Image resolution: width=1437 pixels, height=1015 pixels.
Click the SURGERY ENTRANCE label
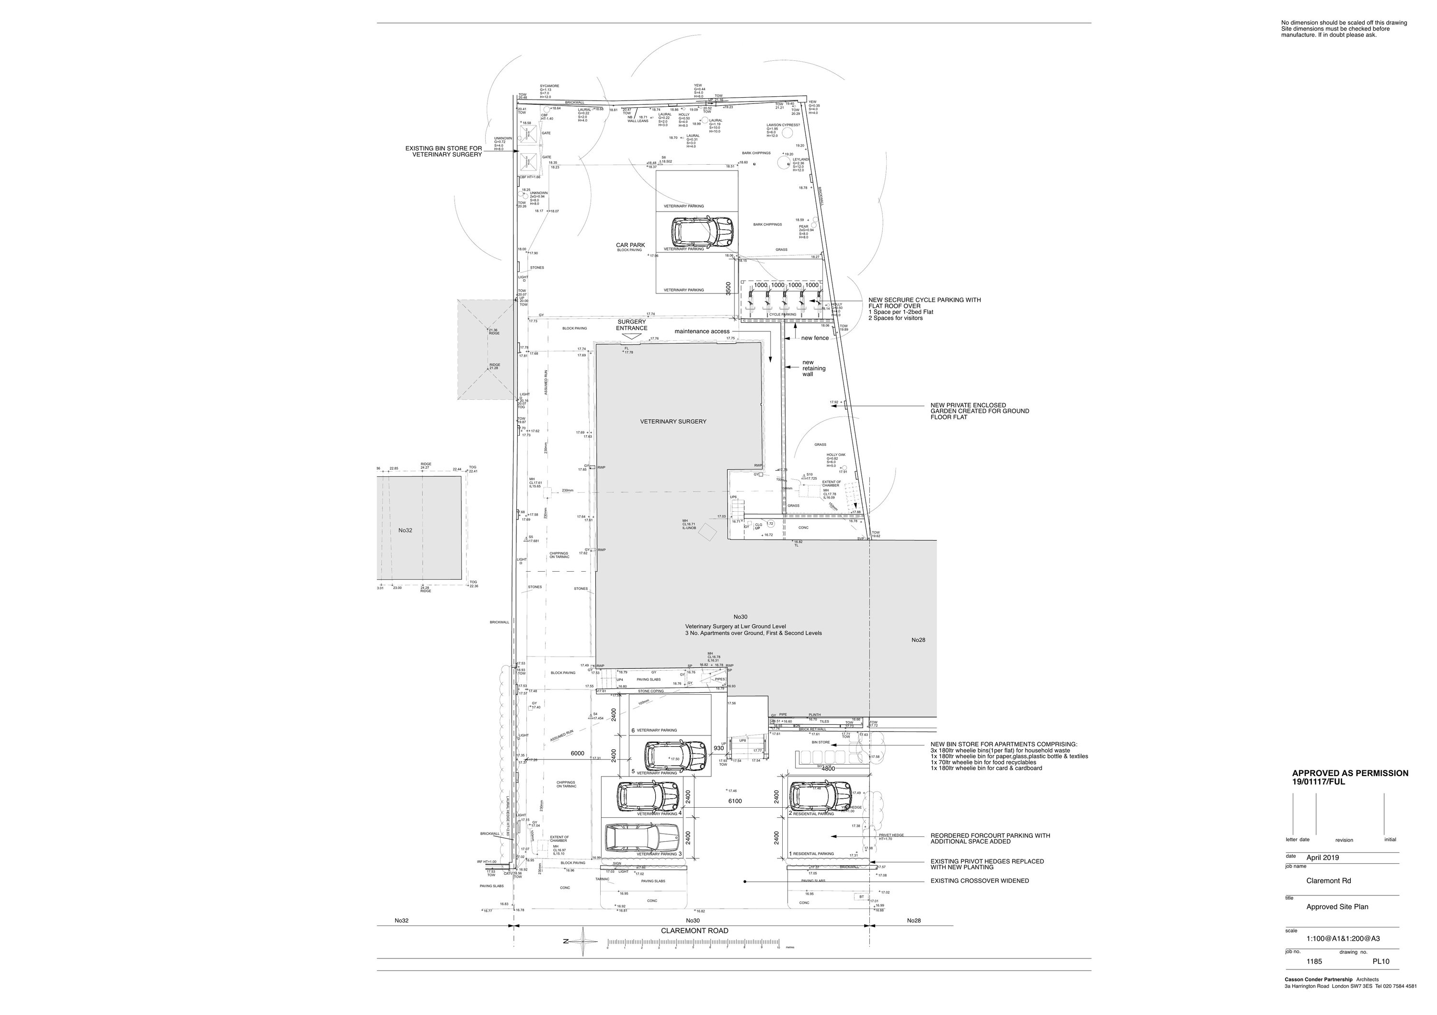pos(631,325)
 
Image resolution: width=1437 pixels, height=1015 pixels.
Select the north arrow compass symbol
pos(584,942)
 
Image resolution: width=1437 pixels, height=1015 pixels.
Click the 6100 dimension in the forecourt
pos(735,801)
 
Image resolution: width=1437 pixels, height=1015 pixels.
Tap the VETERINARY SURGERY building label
pos(673,421)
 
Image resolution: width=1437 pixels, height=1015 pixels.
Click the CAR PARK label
pos(630,246)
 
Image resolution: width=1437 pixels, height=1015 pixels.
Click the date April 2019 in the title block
pos(1323,857)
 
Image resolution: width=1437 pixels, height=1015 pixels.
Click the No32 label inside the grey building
pos(406,530)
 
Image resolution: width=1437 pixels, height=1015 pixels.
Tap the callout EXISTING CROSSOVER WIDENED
pos(980,880)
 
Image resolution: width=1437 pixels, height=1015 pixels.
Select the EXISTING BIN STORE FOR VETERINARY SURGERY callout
pos(444,151)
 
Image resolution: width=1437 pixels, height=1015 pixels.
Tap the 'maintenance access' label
pos(702,331)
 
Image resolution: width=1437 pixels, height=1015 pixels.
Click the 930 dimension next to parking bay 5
pos(718,748)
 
